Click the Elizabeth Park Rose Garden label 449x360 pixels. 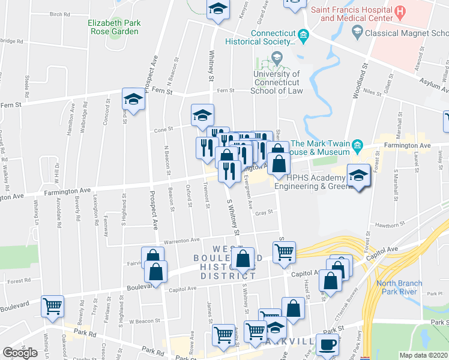[x=114, y=28]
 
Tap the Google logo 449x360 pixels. [x=20, y=352]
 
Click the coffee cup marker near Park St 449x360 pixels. [x=327, y=344]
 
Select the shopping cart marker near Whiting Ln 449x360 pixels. [x=53, y=305]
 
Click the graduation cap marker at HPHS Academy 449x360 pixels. [x=358, y=175]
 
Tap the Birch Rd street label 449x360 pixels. [x=60, y=14]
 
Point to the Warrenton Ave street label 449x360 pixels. [x=182, y=240]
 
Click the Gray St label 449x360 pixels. [x=264, y=212]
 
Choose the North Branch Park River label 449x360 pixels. [x=399, y=287]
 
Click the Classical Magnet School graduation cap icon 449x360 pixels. [x=357, y=31]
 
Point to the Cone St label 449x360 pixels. [x=163, y=128]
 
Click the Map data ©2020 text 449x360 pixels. [x=424, y=356]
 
